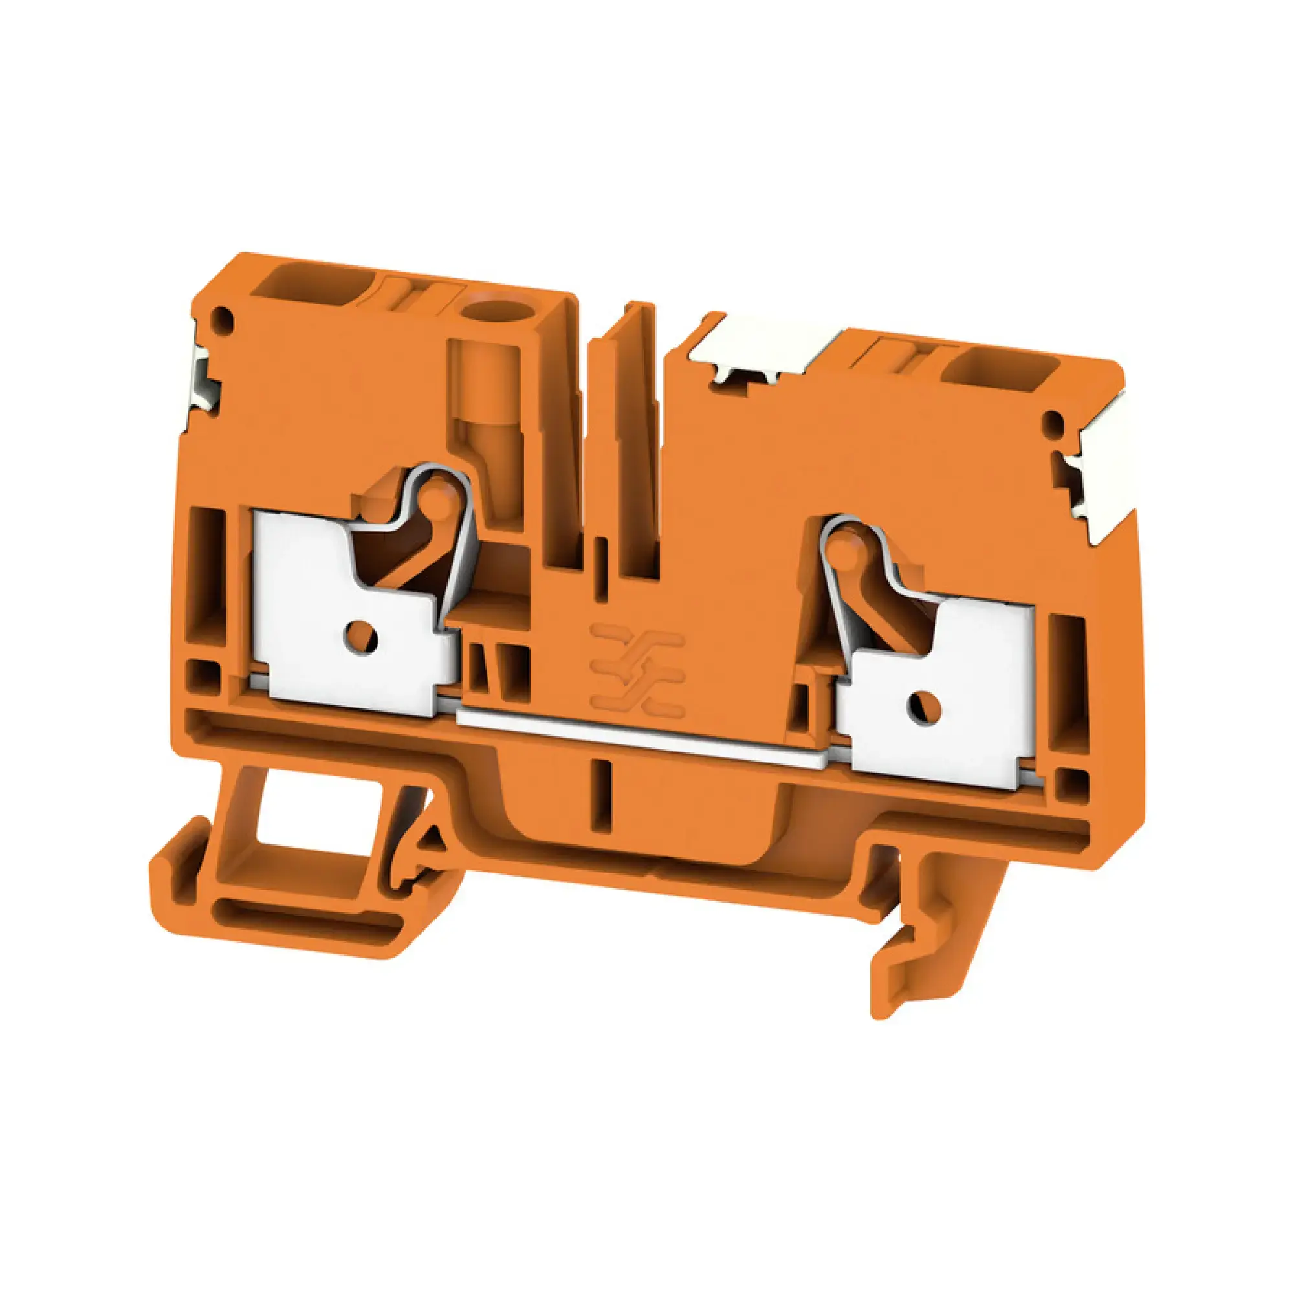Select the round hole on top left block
tap(487, 312)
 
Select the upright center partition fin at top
tap(626, 429)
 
